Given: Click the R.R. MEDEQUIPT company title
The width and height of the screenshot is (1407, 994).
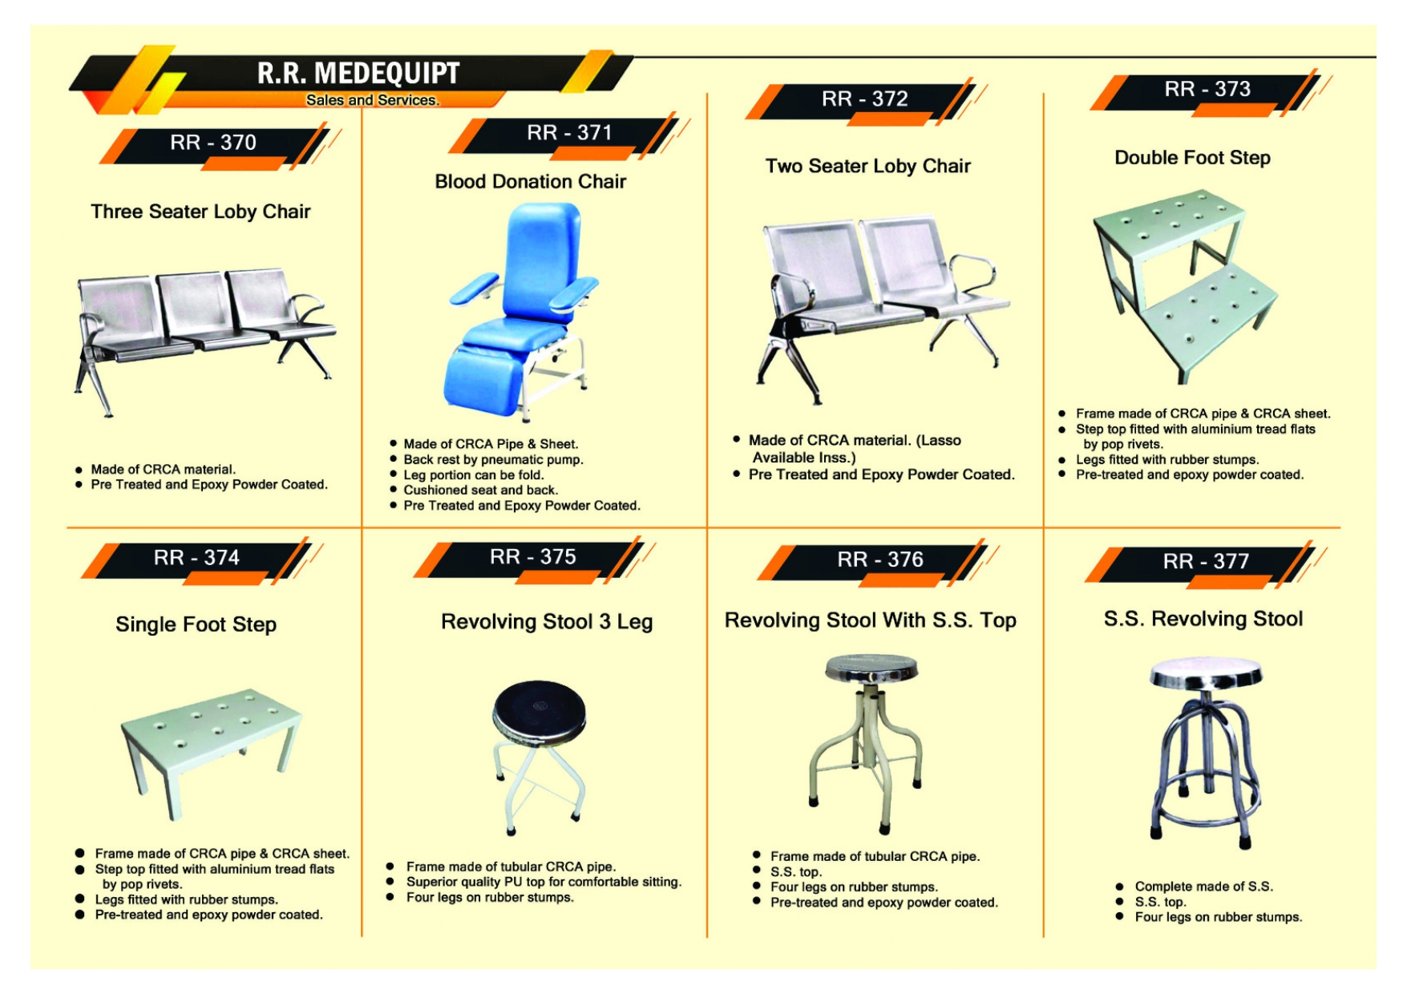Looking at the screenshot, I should [358, 73].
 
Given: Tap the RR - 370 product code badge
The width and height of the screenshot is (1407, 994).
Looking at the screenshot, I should [213, 143].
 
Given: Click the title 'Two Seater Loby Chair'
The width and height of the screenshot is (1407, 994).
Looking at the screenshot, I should [867, 166].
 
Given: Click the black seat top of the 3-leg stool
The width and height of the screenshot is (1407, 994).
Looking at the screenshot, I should [539, 709].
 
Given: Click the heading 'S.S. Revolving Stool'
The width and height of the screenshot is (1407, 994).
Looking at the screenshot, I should [1203, 619].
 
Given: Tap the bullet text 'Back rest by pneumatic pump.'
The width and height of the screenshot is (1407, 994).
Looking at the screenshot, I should [493, 459].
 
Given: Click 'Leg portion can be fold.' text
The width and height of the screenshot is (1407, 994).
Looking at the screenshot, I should [473, 475].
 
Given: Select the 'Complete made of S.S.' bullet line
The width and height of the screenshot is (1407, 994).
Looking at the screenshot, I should [1203, 887].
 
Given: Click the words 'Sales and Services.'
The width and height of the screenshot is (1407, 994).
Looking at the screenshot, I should [373, 100].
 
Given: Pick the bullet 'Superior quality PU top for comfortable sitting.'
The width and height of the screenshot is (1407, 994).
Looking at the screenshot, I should [544, 882].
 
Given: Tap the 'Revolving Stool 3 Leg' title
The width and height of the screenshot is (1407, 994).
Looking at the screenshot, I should [547, 622].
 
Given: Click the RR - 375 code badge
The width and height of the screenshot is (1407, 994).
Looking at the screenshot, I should [533, 556].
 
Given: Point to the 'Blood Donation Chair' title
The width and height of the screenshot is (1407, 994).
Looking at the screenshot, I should [530, 182].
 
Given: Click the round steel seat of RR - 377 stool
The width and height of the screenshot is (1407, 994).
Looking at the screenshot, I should [1205, 673].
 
